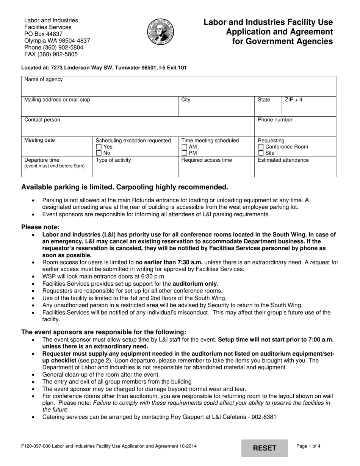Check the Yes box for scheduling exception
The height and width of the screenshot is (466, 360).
(99, 147)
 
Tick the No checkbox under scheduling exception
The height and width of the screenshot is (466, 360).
(99, 153)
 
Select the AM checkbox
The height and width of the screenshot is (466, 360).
(185, 147)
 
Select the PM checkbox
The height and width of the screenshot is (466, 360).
(185, 153)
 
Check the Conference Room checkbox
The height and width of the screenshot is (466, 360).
(261, 147)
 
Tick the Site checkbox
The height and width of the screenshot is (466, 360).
(261, 153)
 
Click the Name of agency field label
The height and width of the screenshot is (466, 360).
(44, 80)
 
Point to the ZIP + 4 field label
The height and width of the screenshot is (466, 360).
(294, 100)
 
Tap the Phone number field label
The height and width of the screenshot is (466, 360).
(275, 120)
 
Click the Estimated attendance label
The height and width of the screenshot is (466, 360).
(283, 160)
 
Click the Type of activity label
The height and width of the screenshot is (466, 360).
(113, 160)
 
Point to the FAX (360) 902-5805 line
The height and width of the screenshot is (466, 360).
(51, 54)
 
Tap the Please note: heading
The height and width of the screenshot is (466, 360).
(40, 227)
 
